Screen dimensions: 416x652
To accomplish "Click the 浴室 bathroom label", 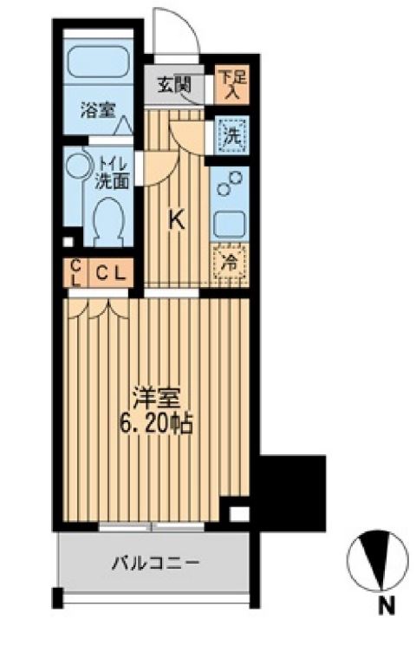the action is [98, 110].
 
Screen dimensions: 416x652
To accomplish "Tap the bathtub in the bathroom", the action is [98, 61].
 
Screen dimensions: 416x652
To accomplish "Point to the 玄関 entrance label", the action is [174, 85].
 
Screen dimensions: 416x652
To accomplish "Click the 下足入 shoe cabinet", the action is [231, 84].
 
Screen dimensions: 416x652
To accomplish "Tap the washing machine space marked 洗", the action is [232, 135].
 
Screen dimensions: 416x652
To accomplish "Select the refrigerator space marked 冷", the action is [230, 264].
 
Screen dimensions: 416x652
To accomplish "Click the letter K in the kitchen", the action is [177, 219].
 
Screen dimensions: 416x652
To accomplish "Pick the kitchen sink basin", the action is [230, 225].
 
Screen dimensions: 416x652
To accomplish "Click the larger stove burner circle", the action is [236, 178].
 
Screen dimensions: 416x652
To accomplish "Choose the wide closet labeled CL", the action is [111, 273].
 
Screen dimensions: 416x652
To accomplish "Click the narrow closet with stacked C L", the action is [75, 273].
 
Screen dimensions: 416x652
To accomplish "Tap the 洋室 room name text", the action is [156, 397].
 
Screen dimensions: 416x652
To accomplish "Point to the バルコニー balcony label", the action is [156, 564].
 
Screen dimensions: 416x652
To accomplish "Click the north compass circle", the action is [377, 560].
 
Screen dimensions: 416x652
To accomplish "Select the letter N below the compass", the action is [387, 607].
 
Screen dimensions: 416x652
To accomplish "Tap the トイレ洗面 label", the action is [112, 173].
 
